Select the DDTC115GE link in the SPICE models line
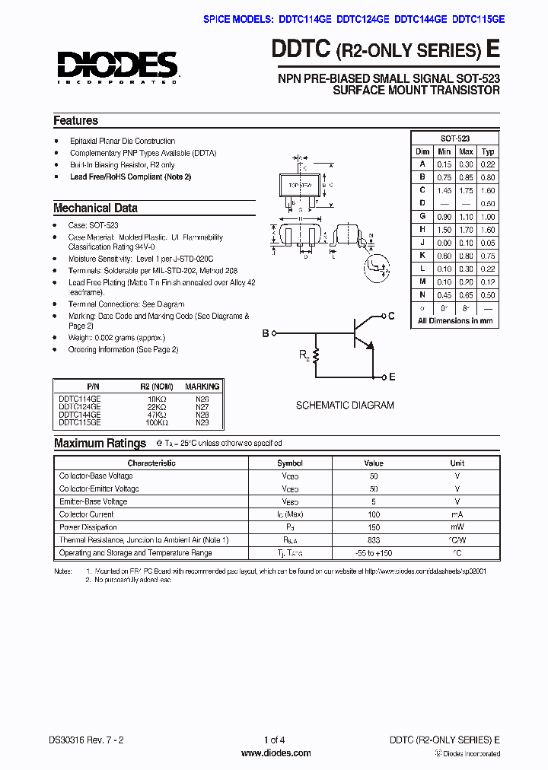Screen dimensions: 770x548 478,21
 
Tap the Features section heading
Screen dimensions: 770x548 75,120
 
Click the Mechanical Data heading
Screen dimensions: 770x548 95,208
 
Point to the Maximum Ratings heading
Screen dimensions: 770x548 100,443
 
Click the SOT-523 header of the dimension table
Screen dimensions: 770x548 455,138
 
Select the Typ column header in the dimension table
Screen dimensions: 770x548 488,151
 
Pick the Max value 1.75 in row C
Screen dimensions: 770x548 466,190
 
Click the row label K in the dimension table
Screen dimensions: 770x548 422,256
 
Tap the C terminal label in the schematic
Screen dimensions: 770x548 392,316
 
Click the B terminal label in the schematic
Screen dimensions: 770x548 266,333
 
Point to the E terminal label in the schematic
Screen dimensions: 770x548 392,377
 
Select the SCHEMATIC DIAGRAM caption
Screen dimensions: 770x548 345,406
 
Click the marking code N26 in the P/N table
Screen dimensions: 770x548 202,398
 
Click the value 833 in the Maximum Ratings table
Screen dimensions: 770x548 373,540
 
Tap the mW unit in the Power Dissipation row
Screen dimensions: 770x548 457,527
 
